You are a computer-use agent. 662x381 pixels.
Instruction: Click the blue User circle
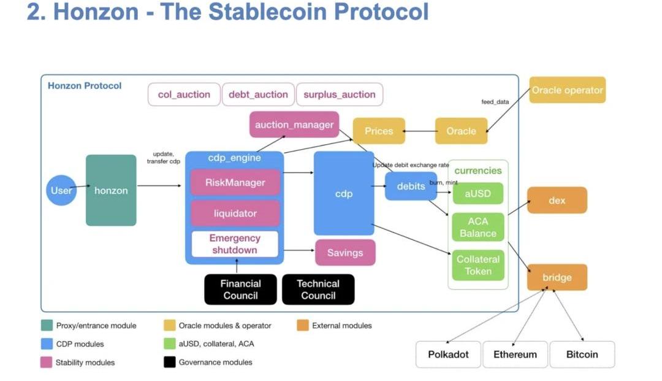61,190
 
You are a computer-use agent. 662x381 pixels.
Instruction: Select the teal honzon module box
111,190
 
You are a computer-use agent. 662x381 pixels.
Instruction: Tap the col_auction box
184,94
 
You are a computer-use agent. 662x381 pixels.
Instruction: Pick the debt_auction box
258,94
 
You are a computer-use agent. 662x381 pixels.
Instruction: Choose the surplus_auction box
340,94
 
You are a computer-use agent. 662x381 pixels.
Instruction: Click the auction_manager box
294,125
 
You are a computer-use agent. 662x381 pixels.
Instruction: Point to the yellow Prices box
379,131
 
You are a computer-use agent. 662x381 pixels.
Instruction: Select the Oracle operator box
567,90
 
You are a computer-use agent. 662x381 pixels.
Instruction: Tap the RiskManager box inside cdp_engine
235,182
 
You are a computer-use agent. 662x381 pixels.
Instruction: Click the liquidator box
235,214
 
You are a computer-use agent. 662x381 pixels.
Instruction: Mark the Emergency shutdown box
235,244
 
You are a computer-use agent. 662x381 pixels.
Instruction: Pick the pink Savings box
345,253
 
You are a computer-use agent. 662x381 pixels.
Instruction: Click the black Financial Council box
241,290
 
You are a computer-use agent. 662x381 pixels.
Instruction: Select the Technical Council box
318,290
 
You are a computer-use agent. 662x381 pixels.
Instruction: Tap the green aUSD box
477,193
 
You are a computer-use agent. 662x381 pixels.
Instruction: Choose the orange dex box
557,201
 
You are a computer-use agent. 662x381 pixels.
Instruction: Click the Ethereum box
515,355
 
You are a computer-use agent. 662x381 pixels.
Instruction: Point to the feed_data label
495,102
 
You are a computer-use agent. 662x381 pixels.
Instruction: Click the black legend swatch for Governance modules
170,362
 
